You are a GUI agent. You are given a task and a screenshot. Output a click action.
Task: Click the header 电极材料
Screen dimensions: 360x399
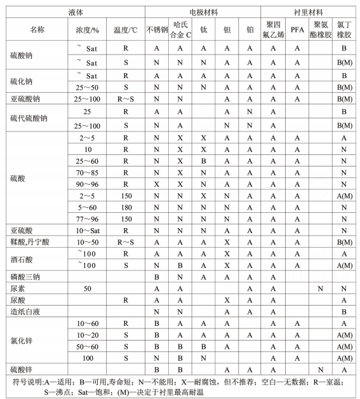(x=203, y=12)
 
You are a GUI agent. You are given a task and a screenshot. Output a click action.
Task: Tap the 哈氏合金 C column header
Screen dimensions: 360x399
(x=180, y=30)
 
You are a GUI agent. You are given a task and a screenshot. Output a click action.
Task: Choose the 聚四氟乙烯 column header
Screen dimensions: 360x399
(x=273, y=30)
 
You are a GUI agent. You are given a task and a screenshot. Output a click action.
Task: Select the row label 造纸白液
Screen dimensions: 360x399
(x=26, y=312)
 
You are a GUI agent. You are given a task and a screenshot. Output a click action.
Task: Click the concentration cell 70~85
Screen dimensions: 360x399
(x=88, y=172)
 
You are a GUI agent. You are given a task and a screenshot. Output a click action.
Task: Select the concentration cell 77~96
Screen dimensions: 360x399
(x=88, y=218)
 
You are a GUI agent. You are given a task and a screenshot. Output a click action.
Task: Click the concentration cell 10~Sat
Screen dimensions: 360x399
(x=88, y=229)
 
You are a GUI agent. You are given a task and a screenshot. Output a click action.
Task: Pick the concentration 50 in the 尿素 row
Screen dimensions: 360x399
(x=88, y=288)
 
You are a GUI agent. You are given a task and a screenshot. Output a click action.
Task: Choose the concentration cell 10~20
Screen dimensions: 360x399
(x=88, y=335)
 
